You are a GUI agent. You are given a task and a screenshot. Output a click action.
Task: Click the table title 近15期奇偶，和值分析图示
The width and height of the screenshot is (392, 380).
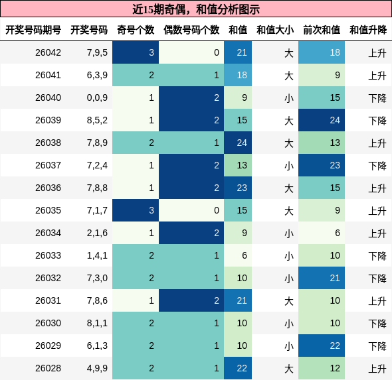coord(196,9)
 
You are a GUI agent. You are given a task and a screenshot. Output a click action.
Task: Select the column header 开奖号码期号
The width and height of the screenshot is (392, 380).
coord(33,30)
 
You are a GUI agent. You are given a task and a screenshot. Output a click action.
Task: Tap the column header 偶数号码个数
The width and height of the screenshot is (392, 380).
coord(191,30)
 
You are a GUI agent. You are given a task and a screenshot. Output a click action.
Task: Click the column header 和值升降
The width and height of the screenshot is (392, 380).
coord(368,30)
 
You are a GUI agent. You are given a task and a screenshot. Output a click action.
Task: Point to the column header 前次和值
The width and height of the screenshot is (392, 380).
coord(322,30)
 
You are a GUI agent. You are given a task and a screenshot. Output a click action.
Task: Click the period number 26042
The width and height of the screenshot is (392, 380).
coord(48,52)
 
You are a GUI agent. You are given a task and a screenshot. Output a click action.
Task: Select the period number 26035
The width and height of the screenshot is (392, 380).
coord(48,210)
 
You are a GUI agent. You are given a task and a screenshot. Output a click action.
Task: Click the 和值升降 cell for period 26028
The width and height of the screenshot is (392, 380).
coord(377,368)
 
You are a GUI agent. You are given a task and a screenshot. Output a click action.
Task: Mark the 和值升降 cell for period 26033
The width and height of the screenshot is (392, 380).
coord(377,255)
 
